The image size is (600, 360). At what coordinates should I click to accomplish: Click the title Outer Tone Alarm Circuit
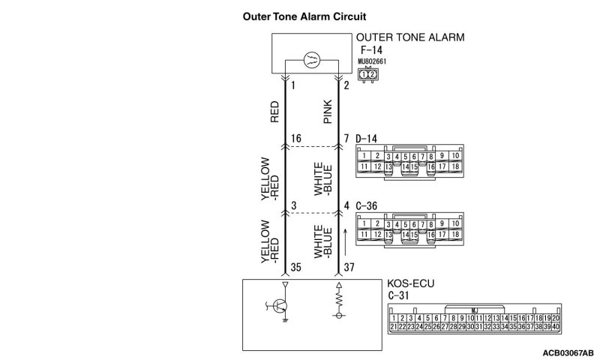click(x=298, y=16)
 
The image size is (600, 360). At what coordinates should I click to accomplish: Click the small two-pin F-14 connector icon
click(x=367, y=74)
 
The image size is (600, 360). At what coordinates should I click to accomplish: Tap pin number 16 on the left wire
click(x=294, y=139)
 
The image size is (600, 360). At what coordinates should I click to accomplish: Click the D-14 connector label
click(x=367, y=139)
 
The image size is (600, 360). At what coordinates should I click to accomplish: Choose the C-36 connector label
click(x=368, y=205)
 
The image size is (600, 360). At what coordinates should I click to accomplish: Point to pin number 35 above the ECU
click(x=295, y=265)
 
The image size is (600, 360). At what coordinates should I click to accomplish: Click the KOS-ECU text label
click(x=412, y=284)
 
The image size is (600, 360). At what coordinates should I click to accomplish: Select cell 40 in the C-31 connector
click(x=556, y=327)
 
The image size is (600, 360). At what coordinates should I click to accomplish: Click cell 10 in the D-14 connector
click(x=455, y=156)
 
